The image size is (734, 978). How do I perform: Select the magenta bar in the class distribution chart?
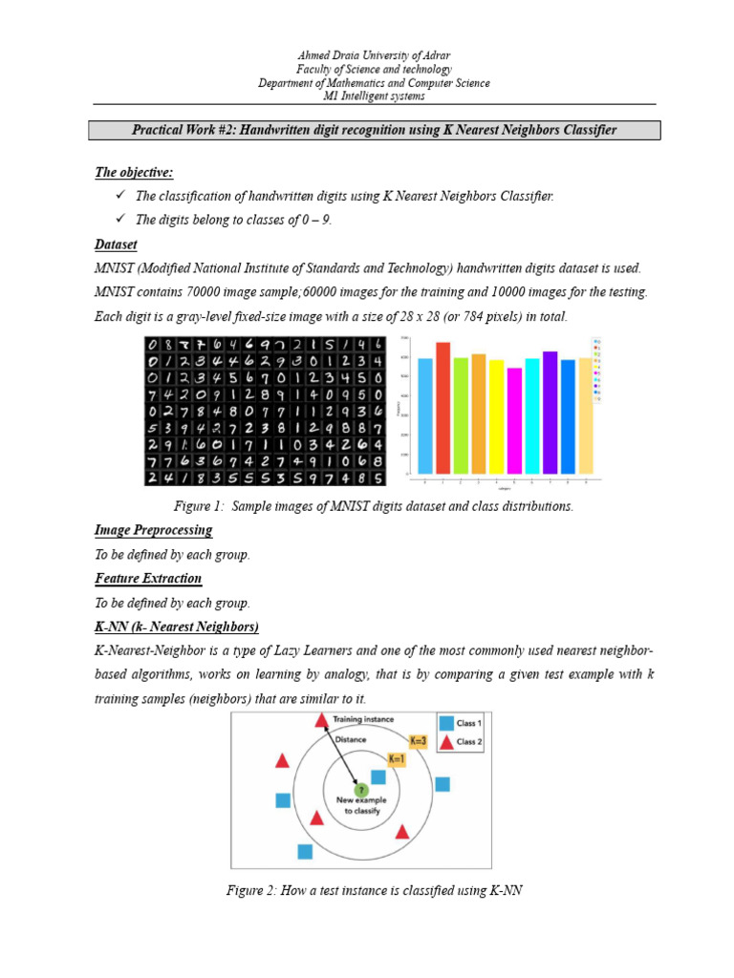(515, 420)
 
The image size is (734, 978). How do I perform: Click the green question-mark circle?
(361, 790)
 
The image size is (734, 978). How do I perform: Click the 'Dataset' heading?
(116, 244)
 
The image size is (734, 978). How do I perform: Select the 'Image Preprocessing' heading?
(153, 529)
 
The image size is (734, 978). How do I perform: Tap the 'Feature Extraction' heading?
(148, 578)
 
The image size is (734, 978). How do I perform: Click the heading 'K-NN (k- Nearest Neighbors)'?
(177, 627)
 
